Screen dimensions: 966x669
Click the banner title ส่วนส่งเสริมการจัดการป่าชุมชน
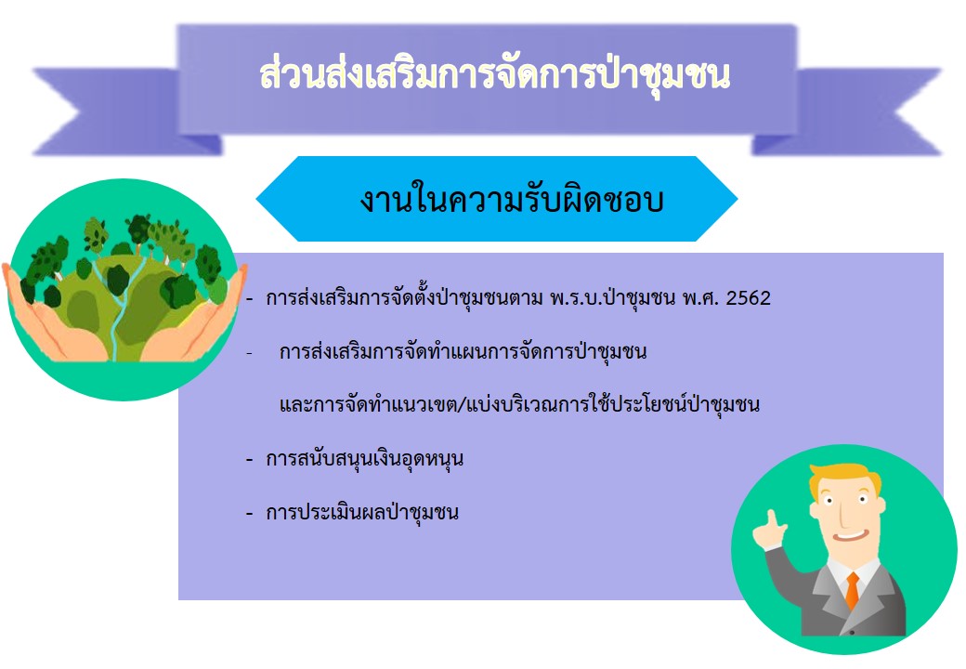coord(495,75)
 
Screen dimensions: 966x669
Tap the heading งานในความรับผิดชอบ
coord(512,198)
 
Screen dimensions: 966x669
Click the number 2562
coord(748,298)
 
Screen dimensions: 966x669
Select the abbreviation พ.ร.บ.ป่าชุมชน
coord(612,298)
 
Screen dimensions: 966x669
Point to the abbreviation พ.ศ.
coord(700,298)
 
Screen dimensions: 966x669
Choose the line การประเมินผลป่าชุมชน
coord(362,513)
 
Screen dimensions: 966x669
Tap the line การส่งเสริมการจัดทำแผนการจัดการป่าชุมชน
coord(463,352)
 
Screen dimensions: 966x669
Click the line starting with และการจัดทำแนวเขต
coord(519,405)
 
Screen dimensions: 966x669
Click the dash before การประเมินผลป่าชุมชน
coord(250,513)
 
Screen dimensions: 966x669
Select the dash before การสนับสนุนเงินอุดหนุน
coord(250,460)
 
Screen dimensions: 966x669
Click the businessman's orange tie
coord(852,590)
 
